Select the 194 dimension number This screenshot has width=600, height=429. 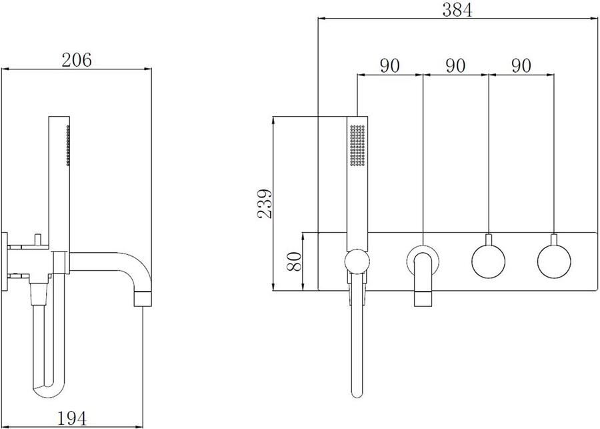[72, 418]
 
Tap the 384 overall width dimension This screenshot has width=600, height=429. [457, 10]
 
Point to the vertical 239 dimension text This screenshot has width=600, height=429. [264, 204]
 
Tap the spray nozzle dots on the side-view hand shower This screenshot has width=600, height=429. [67, 145]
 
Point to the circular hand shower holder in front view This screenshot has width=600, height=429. [357, 262]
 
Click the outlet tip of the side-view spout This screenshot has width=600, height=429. [144, 298]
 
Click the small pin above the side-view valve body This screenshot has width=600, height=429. [37, 237]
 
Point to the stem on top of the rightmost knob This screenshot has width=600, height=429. [554, 240]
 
